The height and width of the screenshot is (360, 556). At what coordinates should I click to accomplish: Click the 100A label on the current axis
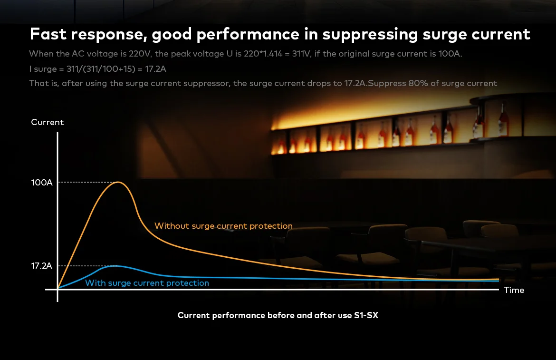click(x=42, y=183)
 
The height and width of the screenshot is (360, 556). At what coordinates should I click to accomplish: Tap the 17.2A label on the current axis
click(x=41, y=266)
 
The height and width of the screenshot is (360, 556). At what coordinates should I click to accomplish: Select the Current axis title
click(x=47, y=122)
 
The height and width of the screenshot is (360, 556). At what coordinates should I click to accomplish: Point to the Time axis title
click(x=514, y=290)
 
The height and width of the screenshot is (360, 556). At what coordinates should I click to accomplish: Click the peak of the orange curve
click(x=118, y=182)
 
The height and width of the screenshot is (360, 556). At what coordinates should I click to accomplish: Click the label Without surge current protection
click(x=223, y=226)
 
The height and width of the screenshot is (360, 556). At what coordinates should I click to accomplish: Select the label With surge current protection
click(x=147, y=283)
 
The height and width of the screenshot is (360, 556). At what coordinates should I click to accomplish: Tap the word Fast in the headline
click(x=48, y=34)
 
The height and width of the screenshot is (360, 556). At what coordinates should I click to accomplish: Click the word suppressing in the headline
click(x=370, y=34)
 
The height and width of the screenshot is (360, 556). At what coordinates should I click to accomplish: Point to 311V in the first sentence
click(x=301, y=54)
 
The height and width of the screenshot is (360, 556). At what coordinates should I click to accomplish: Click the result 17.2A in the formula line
click(x=156, y=69)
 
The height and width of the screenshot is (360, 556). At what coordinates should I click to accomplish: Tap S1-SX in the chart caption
click(x=366, y=315)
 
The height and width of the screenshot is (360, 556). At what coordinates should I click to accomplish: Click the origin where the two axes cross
click(x=58, y=290)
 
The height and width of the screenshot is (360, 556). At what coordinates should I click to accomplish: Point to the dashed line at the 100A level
click(x=87, y=182)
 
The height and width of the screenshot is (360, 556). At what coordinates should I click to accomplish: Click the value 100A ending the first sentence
click(x=450, y=54)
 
